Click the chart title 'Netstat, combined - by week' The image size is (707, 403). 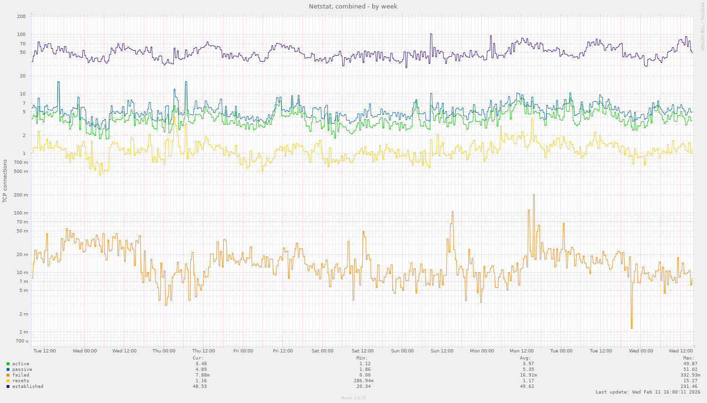coord(353,7)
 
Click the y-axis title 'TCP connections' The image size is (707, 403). coord(5,181)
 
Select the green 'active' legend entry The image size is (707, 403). coord(20,364)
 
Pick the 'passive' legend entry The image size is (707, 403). coord(22,369)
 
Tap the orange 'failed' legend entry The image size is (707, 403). coord(20,375)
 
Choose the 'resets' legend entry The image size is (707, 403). coord(20,381)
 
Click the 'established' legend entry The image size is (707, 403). coord(27,386)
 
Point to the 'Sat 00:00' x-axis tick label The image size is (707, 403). coord(323,351)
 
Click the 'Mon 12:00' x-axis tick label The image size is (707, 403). coord(521,351)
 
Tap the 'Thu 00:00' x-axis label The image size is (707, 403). coord(164,351)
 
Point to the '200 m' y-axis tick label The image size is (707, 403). coord(21,195)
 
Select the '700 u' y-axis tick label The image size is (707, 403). coord(22,341)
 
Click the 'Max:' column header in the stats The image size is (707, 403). coord(689,358)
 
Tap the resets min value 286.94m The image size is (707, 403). coord(363,381)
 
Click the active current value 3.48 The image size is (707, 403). coord(201,364)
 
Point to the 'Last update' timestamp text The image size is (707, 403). coord(647,392)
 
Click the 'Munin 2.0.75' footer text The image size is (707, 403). coord(353,398)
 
